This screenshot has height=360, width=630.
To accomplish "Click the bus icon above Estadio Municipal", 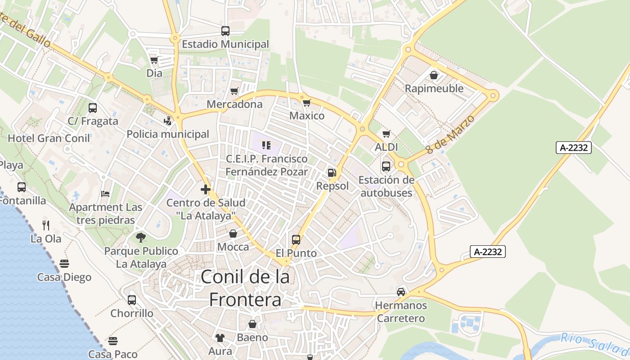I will point(225,31).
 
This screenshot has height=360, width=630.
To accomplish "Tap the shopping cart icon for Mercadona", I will point(234,91).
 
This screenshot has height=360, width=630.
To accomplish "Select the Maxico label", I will point(307,116).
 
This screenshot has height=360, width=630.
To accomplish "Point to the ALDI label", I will point(386,147).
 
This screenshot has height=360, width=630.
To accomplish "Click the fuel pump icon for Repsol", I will point(332,172).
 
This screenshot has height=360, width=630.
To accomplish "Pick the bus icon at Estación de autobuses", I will point(386,166).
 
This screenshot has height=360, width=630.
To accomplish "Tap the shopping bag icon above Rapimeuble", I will point(434,75).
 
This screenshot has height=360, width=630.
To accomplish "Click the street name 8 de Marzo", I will point(450,134).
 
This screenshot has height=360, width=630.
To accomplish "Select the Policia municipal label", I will point(168,134).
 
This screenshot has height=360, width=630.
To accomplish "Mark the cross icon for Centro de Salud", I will point(206,189).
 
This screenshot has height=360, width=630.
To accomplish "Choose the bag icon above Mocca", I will point(233,234).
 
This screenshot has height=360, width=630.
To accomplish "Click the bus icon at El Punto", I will point(296,240).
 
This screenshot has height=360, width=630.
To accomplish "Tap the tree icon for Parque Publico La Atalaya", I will point(141,237).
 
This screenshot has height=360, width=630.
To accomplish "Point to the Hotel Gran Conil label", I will point(49,138).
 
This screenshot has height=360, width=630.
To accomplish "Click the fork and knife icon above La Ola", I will point(46,225).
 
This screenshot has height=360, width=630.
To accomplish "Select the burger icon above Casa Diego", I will point(64,263).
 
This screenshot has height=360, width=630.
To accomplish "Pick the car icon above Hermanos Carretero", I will point(400,292).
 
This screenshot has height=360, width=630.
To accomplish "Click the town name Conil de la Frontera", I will point(246,288).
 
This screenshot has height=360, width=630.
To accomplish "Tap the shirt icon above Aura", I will point(220,337).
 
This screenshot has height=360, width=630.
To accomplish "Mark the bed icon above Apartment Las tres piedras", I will point(105,194).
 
